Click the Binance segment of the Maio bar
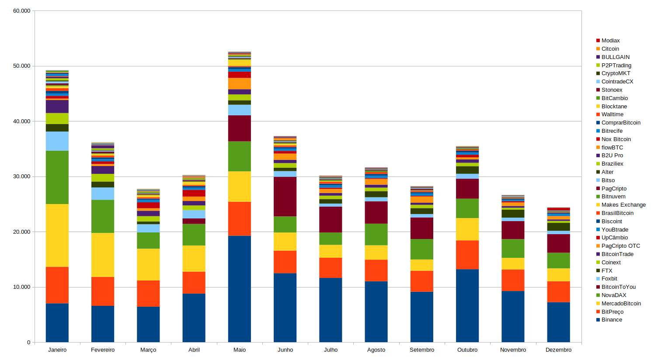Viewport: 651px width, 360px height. (239, 289)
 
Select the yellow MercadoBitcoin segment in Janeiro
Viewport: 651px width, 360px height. (57, 235)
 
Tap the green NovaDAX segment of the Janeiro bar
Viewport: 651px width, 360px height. (57, 177)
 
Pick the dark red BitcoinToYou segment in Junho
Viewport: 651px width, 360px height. (285, 197)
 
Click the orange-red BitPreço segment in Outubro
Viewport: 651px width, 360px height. (467, 255)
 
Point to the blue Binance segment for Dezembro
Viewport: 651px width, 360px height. (558, 322)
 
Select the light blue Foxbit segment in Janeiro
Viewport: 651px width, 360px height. (57, 141)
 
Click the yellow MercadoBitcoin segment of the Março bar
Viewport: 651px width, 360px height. (148, 264)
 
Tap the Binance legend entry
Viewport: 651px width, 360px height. (612, 320)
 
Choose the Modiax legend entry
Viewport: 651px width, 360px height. (610, 41)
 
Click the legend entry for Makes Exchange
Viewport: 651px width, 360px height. (623, 205)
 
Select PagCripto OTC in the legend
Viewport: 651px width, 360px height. (620, 246)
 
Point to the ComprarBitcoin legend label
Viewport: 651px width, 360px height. (621, 123)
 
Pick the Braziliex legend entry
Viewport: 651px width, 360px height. (612, 164)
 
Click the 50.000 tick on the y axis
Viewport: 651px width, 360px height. (21, 66)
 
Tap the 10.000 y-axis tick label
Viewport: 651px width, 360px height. (21, 287)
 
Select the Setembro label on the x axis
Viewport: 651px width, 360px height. (422, 350)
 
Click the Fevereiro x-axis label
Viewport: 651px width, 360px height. (103, 350)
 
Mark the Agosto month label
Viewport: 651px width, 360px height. (376, 350)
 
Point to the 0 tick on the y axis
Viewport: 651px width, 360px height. (28, 343)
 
